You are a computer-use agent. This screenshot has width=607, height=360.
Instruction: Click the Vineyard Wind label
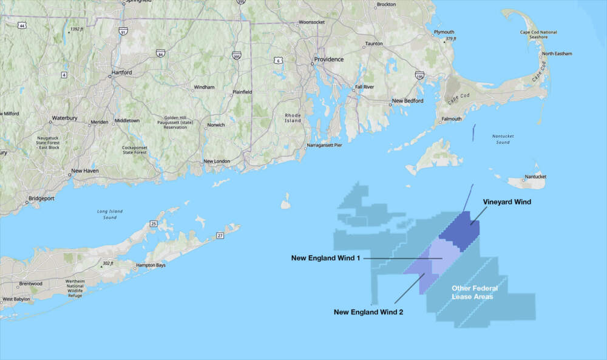coord(507,202)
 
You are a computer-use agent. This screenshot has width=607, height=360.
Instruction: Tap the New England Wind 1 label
coord(325,258)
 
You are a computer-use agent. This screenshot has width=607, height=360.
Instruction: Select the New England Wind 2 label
coord(368,311)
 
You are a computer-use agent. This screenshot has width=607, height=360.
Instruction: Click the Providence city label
coord(328,59)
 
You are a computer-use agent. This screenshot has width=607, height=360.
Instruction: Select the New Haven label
coord(84,171)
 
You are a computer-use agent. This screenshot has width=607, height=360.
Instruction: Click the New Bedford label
coord(407,101)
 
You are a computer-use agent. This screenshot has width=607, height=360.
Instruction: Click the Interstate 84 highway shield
coord(160,53)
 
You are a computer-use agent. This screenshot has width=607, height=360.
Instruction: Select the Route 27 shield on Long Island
coord(220,235)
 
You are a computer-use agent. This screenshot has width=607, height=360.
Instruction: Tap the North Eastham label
coord(557,53)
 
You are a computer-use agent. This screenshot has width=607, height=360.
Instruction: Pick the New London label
coord(216,161)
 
